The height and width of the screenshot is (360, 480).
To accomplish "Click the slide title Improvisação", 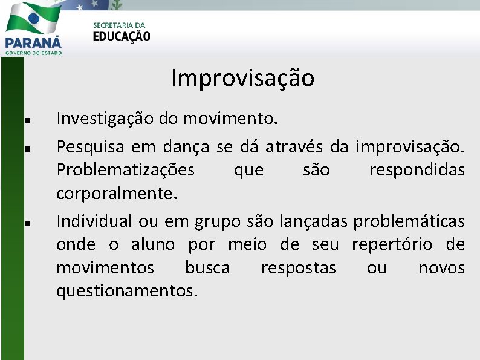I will point(242,79).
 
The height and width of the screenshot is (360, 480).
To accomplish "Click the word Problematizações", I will point(126,170).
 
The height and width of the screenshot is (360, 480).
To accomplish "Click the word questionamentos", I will point(127,291).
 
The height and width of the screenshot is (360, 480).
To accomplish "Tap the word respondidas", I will point(417,170).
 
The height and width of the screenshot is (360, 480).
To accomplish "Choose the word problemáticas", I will point(409,221).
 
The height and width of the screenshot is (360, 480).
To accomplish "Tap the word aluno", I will point(153,244).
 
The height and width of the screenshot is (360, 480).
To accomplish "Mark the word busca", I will point(207,267).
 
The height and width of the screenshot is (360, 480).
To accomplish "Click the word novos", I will point(441,267).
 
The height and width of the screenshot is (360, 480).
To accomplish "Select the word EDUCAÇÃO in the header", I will point(122,36).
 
